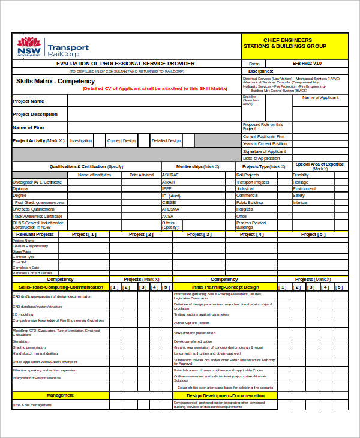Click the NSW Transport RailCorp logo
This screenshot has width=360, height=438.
tap(53, 47)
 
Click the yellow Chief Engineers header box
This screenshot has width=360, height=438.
tap(295, 46)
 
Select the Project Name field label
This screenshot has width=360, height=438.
tap(29, 101)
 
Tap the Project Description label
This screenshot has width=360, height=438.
tap(35, 114)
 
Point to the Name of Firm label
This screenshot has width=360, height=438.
tap(28, 127)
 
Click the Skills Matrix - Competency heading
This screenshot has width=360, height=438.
tap(55, 81)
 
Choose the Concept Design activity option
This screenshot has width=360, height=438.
tap(121, 141)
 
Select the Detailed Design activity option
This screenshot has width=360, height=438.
tap(166, 141)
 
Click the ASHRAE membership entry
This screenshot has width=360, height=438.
tap(169, 175)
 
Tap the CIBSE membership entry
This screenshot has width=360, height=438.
tap(169, 202)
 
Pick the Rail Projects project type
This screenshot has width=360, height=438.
tap(247, 175)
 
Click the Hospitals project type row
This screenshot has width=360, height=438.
tap(245, 209)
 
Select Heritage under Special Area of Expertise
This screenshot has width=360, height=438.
tap(301, 182)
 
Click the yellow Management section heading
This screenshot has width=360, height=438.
tap(60, 395)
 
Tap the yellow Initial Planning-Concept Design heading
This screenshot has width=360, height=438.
tap(225, 287)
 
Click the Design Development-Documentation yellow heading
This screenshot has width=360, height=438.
tap(225, 395)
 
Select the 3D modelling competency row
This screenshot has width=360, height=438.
tap(23, 314)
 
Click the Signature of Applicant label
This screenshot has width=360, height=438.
tap(264, 151)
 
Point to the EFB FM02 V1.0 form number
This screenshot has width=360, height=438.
tap(307, 63)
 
